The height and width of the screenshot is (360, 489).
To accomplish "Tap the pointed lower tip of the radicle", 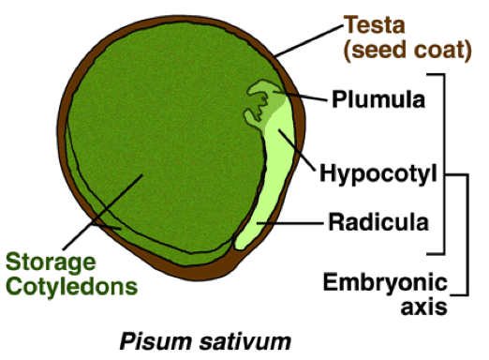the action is (x=239, y=245).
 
